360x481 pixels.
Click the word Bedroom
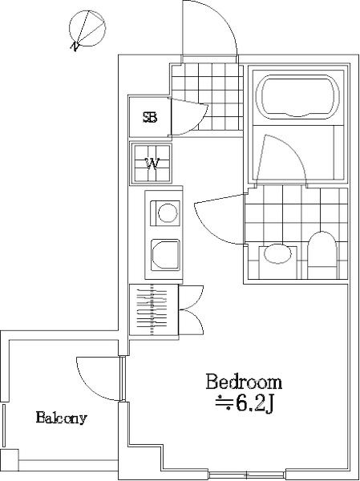(x=244, y=382)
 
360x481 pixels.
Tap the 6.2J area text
(x=244, y=405)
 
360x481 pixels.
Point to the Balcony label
(x=62, y=418)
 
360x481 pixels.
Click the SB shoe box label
(x=150, y=117)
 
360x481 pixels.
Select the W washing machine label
(x=152, y=164)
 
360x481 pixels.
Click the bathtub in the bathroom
(x=300, y=97)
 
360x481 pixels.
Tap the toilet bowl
(x=322, y=255)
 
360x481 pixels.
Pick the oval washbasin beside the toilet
(x=277, y=253)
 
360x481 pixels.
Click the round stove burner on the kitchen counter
(x=168, y=212)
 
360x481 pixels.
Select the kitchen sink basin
(x=165, y=255)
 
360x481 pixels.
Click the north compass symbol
(x=87, y=30)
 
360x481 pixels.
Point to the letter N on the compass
(x=75, y=46)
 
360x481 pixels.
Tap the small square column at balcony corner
(x=10, y=460)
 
